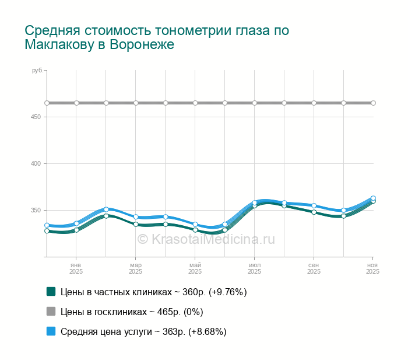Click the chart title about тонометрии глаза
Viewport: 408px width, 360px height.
(x=157, y=37)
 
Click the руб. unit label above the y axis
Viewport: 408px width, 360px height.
(x=38, y=71)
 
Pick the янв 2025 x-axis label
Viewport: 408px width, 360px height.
(x=76, y=268)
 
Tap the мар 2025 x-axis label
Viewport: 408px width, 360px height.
(x=136, y=268)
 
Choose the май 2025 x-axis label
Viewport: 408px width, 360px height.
(x=195, y=268)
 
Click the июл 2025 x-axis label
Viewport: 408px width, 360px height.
(x=255, y=268)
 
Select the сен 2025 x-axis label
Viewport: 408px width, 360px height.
(x=314, y=268)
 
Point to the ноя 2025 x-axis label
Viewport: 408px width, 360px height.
(x=372, y=268)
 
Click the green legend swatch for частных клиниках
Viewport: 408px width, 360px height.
(x=51, y=292)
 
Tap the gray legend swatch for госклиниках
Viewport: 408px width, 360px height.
(x=51, y=312)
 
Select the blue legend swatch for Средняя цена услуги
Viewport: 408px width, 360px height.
(x=51, y=331)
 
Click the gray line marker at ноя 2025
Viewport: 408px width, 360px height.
(x=373, y=103)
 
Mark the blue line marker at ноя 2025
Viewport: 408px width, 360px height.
(x=373, y=198)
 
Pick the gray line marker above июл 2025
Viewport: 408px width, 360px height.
(x=255, y=103)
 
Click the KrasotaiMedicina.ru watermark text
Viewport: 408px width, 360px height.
(x=206, y=239)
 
